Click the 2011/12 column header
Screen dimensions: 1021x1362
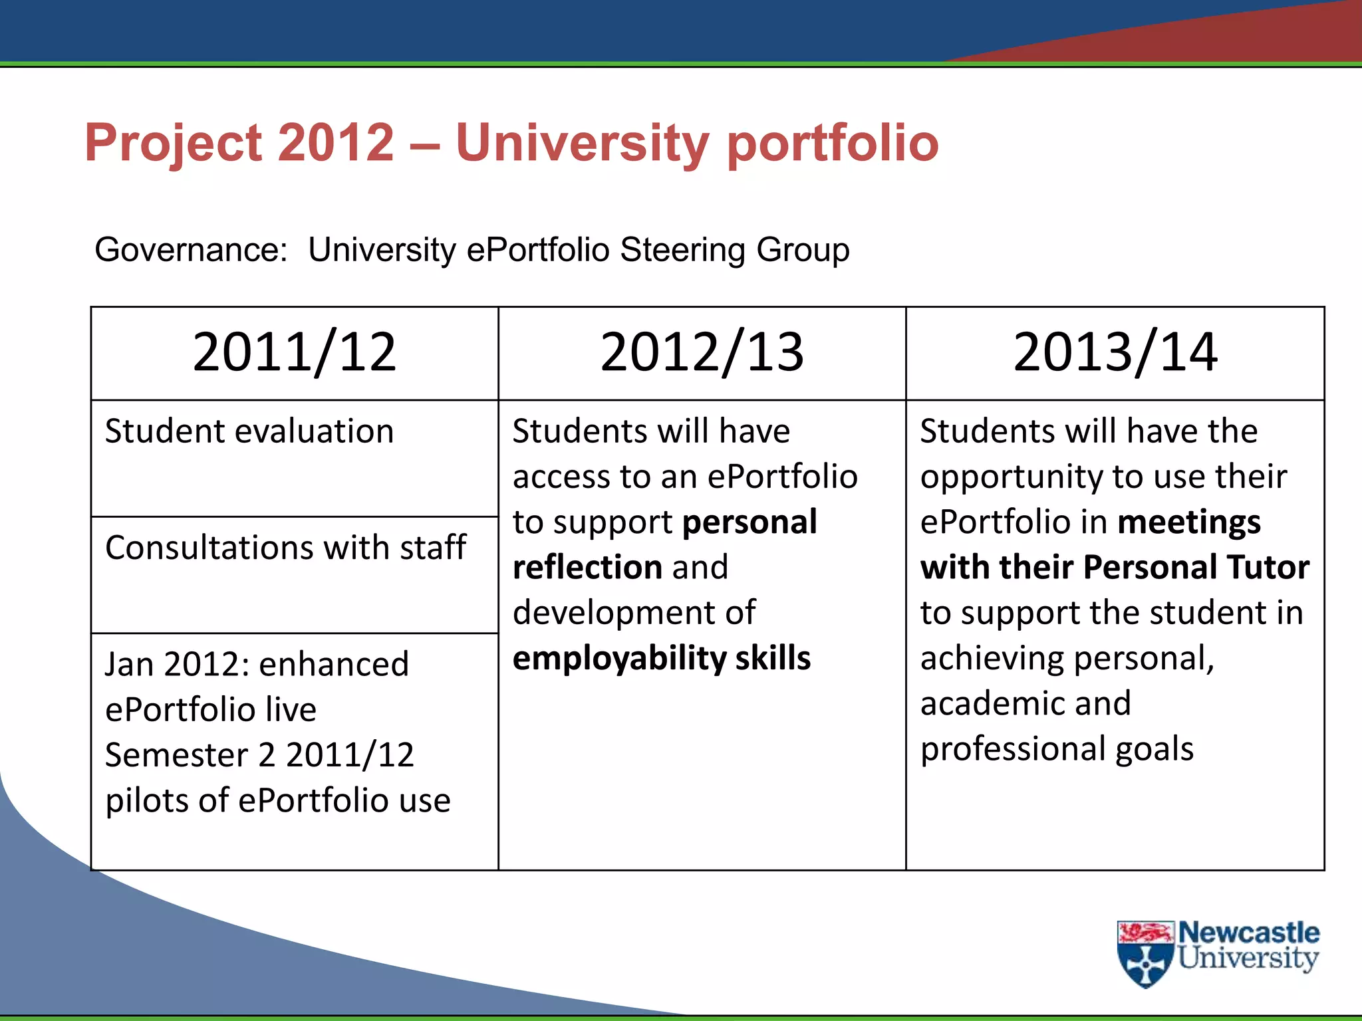(294, 352)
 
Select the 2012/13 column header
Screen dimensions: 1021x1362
(702, 352)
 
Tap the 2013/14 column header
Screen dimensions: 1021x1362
(1115, 352)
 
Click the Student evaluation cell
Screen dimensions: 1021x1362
(249, 431)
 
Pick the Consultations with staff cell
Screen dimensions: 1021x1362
(285, 548)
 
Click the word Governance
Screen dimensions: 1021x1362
(190, 250)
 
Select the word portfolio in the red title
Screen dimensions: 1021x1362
(833, 143)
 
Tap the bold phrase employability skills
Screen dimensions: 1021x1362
(661, 658)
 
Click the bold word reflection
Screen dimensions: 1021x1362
(587, 567)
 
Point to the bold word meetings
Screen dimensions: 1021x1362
(1189, 522)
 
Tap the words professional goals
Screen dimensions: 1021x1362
(1057, 749)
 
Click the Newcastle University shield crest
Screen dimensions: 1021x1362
(1145, 954)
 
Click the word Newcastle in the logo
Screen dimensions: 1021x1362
(1248, 933)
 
